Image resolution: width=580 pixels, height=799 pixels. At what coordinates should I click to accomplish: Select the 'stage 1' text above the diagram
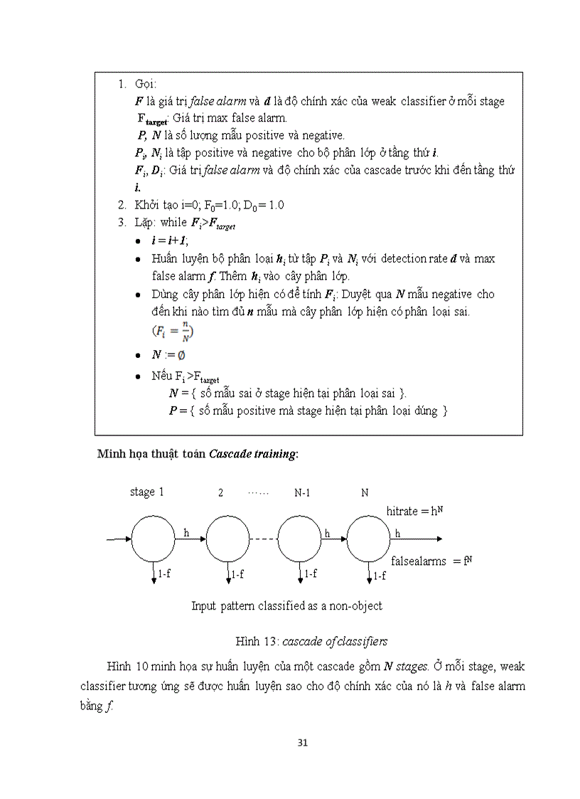(x=146, y=492)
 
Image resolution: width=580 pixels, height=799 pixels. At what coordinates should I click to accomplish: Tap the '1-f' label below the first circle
(x=163, y=573)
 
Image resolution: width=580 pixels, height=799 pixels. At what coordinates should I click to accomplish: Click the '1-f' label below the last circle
(x=380, y=575)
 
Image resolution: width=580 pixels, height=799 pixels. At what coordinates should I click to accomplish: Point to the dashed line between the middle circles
(x=262, y=539)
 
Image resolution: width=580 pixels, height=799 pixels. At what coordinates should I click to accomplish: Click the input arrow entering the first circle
(x=118, y=539)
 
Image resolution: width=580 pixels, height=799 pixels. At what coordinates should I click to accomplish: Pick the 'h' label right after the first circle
(x=186, y=531)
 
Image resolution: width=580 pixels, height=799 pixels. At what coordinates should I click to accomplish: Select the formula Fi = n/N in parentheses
(x=173, y=332)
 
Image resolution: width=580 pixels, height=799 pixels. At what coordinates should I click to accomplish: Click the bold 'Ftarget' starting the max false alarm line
(x=154, y=118)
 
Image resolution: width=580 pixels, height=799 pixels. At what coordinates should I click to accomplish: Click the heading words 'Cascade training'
(x=252, y=454)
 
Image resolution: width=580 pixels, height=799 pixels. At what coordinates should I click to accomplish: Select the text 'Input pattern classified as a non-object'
(x=286, y=605)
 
